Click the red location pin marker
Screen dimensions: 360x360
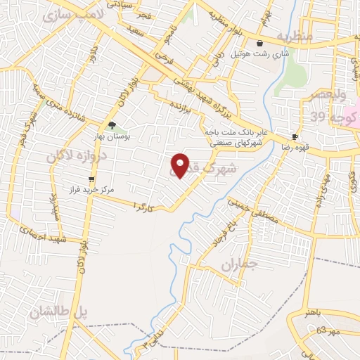(x=181, y=166)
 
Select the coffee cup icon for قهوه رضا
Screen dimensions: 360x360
(x=295, y=136)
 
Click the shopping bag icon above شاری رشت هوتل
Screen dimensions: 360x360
(x=260, y=42)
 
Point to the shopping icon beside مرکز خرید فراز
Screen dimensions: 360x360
(x=91, y=179)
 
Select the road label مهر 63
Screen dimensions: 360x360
(x=326, y=330)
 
